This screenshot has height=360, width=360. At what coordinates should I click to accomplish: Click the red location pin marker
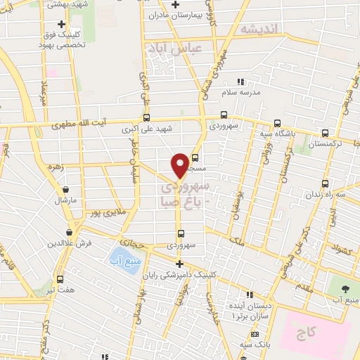180,165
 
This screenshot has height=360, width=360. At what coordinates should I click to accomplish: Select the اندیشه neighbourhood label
259,29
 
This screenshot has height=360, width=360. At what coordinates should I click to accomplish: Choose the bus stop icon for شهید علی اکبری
146,118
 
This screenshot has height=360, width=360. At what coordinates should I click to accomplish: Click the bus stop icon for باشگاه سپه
277,121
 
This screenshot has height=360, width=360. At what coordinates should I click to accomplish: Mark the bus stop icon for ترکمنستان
325,132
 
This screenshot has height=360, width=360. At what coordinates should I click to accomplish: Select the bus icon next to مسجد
195,157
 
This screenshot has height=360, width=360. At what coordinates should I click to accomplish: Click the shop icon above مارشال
65,188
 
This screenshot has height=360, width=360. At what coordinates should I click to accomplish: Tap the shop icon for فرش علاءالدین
70,232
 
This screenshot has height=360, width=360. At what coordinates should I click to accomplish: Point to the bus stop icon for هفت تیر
60,278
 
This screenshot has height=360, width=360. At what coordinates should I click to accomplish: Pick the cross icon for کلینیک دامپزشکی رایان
180,264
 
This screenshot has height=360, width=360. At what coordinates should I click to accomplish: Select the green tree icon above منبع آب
344,290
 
